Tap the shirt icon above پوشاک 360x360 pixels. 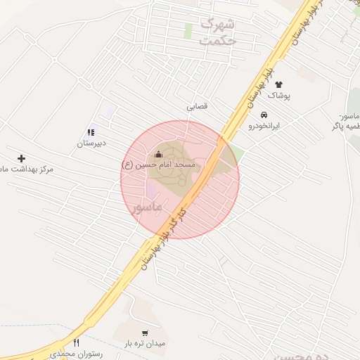click(278, 84)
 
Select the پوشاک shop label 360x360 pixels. click(279, 95)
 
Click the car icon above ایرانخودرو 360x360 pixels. click(264, 115)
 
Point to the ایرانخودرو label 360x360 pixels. click(264, 126)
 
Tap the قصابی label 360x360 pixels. click(197, 107)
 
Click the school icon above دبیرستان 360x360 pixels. click(91, 131)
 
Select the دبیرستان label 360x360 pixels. click(91, 143)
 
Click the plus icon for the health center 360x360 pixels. click(21, 158)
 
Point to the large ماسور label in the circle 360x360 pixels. click(146, 207)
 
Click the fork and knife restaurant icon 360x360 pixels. click(76, 342)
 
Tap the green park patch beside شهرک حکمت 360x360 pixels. click(188, 31)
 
